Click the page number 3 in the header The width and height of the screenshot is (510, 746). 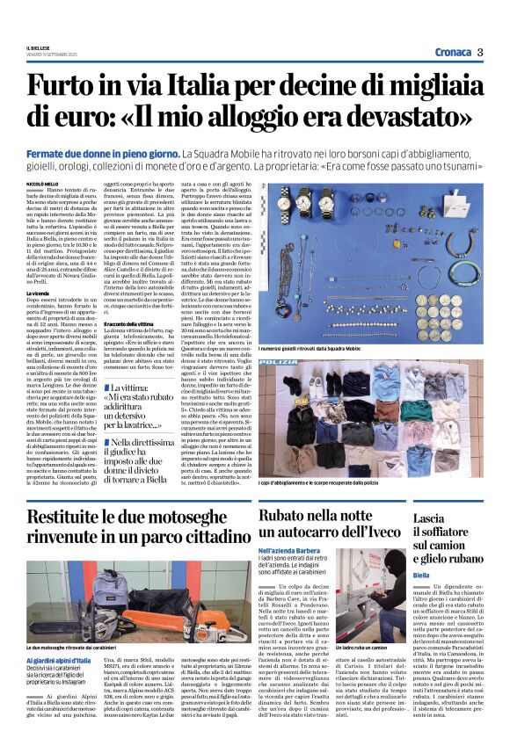tap(479, 52)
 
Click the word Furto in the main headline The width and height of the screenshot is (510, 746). tap(60, 88)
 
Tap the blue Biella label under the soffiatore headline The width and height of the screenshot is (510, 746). tap(421, 575)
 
